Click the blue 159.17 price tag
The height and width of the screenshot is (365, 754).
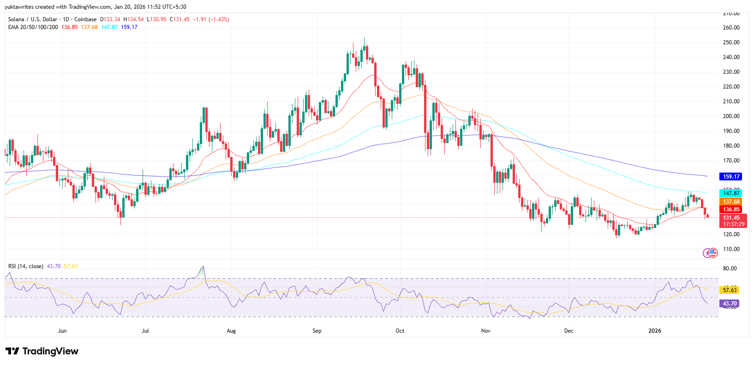731,176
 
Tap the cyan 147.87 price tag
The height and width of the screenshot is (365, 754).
731,193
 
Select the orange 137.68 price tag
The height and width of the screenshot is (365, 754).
731,202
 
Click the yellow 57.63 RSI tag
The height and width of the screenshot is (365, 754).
730,290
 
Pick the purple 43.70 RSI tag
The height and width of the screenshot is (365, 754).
730,304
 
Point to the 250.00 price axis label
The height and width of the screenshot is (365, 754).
731,42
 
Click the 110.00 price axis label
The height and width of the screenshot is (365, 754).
731,249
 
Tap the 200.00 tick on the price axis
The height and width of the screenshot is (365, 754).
731,116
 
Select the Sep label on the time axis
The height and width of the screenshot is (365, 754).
317,331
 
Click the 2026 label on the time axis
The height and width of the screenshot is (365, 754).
654,331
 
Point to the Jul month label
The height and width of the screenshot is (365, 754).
145,331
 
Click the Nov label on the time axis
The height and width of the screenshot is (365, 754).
485,331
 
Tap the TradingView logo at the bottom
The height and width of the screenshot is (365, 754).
42,351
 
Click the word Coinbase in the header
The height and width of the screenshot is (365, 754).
85,19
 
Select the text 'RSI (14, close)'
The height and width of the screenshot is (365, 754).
26,266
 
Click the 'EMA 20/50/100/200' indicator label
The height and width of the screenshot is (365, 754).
33,27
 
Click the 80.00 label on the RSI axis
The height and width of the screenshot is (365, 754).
730,269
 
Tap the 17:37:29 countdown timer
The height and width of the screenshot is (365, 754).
733,224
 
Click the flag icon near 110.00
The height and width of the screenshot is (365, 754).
713,252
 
